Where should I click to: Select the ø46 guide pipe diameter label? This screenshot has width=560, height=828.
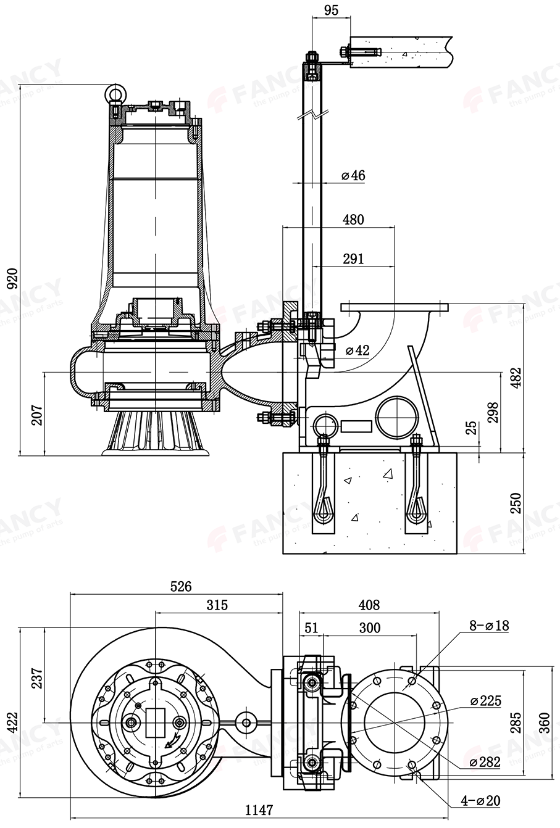point(353,176)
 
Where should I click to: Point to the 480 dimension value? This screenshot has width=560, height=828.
point(353,219)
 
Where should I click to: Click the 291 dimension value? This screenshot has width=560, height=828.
point(353,259)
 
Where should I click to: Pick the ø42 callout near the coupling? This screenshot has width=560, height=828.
point(357,350)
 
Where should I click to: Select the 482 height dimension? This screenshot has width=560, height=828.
point(516,377)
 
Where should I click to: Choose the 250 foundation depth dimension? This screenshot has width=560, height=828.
point(516,502)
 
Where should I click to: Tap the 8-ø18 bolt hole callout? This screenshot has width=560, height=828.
point(488,626)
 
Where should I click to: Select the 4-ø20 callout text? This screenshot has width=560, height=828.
point(481,801)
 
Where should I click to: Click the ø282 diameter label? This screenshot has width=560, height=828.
point(484,762)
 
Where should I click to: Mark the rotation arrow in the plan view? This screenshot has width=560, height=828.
point(171,740)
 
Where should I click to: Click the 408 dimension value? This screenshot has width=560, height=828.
point(368,605)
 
